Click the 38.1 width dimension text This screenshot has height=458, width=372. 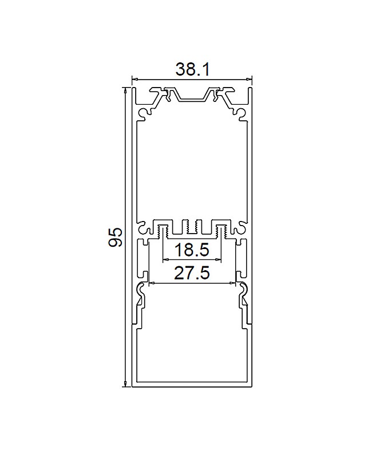(x=192, y=70)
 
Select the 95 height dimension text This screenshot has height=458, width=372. (x=116, y=238)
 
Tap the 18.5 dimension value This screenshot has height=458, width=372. (x=192, y=250)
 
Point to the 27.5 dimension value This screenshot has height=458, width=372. (x=192, y=273)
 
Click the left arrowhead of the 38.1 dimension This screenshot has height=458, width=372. (x=134, y=79)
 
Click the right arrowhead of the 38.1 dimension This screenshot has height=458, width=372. (x=249, y=79)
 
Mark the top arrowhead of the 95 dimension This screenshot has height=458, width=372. (x=125, y=90)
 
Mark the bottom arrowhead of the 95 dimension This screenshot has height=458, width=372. (x=125, y=384)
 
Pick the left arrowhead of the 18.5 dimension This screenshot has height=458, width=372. (x=165, y=259)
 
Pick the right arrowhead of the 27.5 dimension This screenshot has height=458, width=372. (x=233, y=283)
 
